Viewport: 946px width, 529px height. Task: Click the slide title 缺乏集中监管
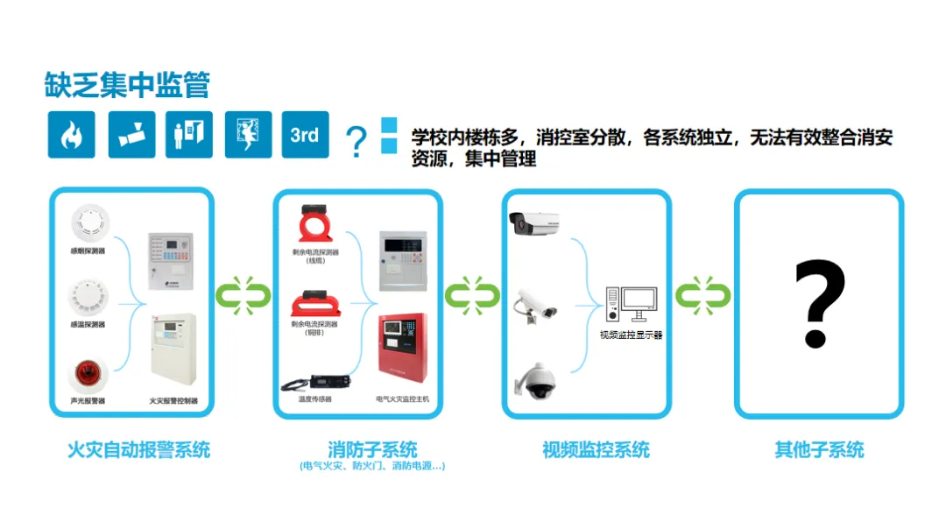click(x=127, y=84)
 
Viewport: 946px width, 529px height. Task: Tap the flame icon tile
click(x=71, y=135)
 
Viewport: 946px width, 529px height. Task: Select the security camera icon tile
click(x=131, y=135)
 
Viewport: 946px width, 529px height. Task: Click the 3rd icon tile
click(x=305, y=135)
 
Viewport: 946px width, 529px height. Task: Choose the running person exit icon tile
click(x=248, y=135)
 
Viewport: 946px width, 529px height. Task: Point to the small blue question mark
click(x=356, y=140)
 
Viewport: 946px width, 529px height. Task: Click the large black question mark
click(x=819, y=303)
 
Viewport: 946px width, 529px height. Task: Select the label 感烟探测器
click(x=87, y=250)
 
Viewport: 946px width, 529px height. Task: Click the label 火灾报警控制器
click(x=173, y=401)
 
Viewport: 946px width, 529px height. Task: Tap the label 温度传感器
click(x=314, y=399)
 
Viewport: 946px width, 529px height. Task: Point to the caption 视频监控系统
click(x=596, y=450)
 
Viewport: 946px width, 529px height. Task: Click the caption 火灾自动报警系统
click(x=138, y=450)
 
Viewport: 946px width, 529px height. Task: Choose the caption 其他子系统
click(x=819, y=450)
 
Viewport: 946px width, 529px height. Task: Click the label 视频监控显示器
click(x=631, y=334)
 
